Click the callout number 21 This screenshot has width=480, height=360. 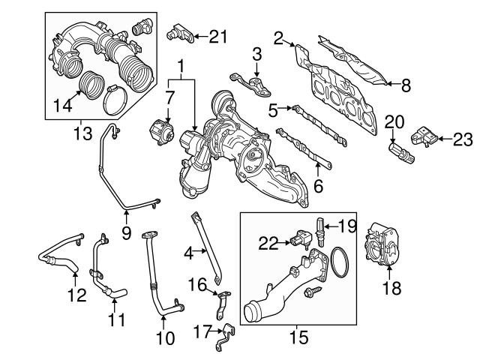[217, 34]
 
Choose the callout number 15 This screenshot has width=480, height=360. [298, 337]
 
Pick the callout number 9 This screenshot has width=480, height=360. [126, 232]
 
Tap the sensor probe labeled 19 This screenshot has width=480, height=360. [321, 229]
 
